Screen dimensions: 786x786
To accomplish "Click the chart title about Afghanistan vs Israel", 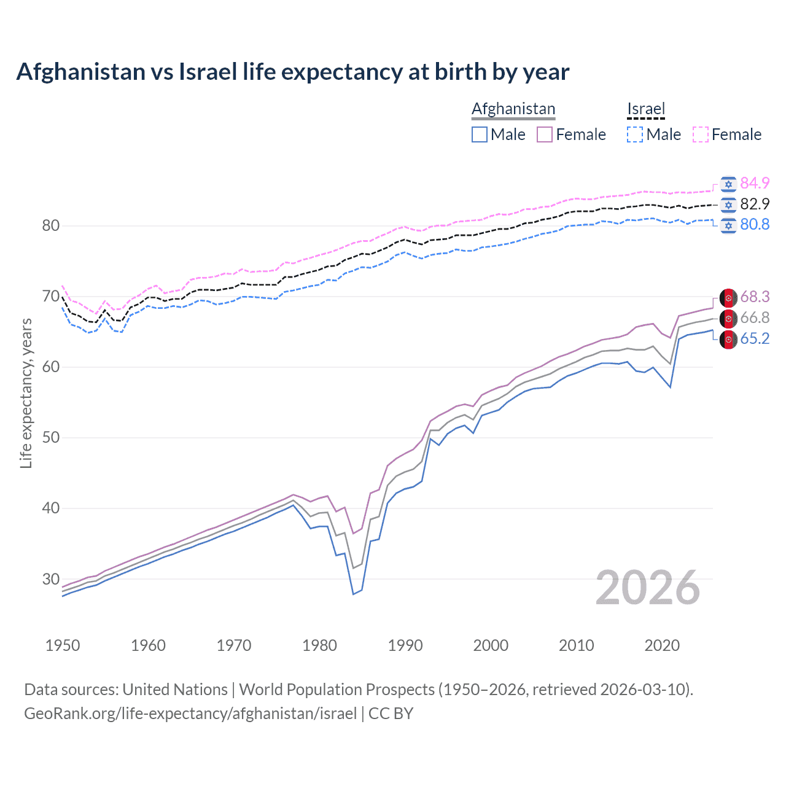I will [292, 72].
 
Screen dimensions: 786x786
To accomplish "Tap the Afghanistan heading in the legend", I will [513, 109].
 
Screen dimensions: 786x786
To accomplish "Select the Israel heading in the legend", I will [646, 109].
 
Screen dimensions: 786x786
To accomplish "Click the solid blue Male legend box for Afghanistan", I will [480, 134].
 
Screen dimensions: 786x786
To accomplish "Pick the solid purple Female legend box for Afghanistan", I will [545, 134].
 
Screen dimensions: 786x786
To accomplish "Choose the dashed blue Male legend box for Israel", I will [635, 134].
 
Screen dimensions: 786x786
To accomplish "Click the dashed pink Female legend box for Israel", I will [701, 134].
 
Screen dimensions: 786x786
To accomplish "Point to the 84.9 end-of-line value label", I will [755, 183].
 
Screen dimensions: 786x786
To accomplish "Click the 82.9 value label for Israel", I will [755, 204].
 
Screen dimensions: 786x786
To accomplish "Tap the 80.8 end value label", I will [755, 225].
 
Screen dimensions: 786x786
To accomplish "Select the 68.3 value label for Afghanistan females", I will [755, 297].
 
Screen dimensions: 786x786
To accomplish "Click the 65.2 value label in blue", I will [755, 339].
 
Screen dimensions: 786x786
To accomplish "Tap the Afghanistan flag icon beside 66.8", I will [728, 318].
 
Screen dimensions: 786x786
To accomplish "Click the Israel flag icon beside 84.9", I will [728, 184].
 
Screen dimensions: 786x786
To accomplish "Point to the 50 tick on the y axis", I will [51, 438].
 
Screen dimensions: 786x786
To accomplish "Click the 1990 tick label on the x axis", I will [405, 645].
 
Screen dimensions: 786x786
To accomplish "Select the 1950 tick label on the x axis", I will [63, 645].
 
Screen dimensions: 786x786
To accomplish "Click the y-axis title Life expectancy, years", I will [26, 393].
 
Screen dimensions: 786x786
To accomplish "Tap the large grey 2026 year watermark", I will [648, 588].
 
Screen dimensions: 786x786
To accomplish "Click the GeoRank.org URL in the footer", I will [190, 714].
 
